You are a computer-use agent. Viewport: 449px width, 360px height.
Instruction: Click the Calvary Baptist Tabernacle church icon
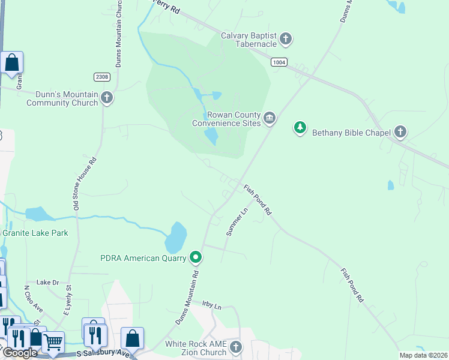coord(286,40)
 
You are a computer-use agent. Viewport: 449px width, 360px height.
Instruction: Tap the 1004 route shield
coord(279,62)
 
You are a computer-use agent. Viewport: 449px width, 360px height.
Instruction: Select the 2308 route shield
coord(102,77)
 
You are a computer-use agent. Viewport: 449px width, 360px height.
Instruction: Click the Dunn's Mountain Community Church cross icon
coord(107,98)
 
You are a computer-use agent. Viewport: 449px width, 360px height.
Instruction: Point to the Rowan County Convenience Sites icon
coord(270,119)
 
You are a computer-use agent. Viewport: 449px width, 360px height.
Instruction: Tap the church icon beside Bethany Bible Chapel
coord(400,132)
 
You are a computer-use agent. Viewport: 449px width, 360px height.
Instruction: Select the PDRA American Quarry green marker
coord(196,258)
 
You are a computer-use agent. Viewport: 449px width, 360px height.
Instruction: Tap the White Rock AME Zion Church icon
coord(237,347)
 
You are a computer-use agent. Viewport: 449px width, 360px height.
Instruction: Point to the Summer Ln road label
coord(237,221)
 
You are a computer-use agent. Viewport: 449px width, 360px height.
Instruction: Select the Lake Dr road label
coord(48,282)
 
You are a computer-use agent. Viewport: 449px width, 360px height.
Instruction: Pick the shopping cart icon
coord(53,341)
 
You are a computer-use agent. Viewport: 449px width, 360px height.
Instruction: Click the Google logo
coord(20,352)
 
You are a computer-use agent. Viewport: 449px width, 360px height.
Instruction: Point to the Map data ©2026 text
coord(423,355)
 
